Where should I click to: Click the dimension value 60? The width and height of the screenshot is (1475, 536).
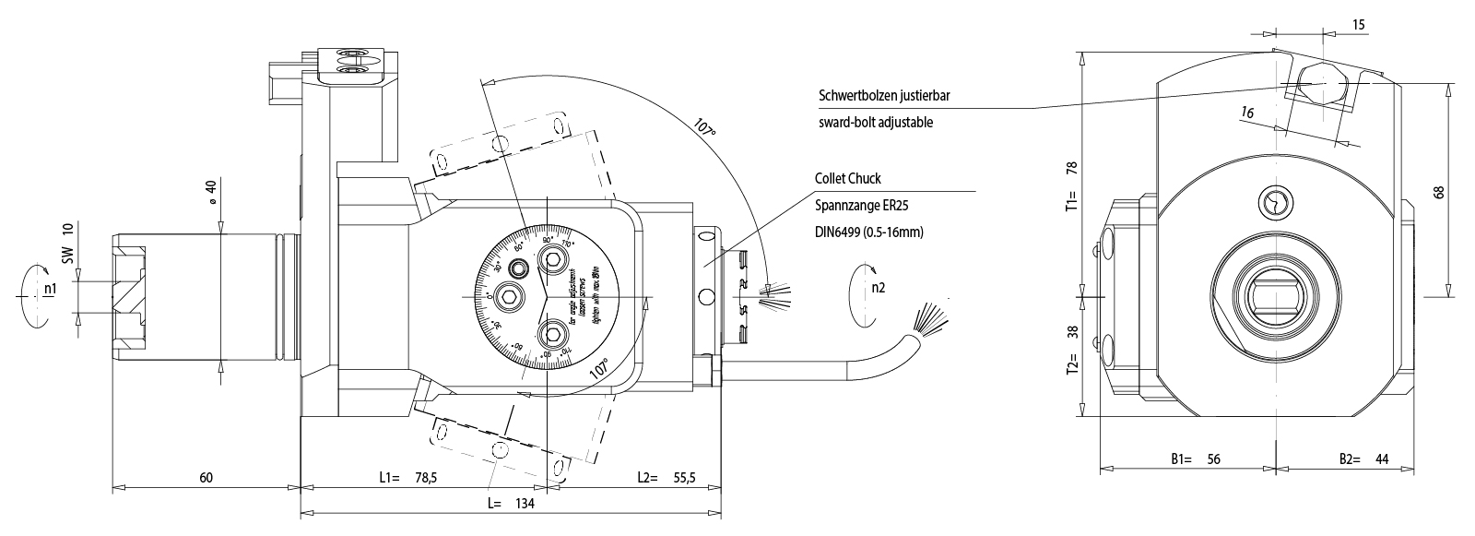[206, 477]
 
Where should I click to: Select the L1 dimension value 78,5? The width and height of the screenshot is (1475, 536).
[424, 477]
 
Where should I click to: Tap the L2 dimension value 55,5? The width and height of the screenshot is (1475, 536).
[683, 477]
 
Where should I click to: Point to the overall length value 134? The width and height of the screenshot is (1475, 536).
[524, 504]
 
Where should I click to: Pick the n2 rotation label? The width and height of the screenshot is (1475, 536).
[879, 287]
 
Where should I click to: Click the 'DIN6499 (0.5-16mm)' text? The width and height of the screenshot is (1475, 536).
[869, 232]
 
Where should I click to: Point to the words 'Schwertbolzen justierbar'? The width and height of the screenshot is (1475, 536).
[883, 96]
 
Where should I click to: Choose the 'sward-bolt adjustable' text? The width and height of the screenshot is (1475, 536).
[876, 122]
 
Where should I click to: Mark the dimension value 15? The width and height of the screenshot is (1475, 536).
[1359, 24]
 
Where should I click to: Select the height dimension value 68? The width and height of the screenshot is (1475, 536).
[1439, 191]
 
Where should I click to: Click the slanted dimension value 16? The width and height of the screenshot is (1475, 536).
[1247, 113]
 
